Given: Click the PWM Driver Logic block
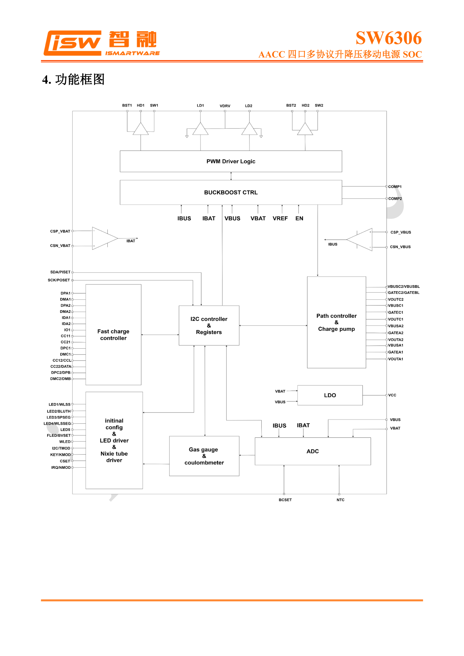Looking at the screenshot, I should tap(231, 161).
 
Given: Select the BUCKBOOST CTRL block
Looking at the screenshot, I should tap(231, 192).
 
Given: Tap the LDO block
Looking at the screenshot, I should tap(330, 395).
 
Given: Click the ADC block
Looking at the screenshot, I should tap(312, 451).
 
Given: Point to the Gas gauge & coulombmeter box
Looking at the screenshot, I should tap(204, 456).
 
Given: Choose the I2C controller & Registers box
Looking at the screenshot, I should tap(209, 325).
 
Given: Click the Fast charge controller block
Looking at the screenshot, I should tap(113, 335).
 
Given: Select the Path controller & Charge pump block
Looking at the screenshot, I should tap(336, 322).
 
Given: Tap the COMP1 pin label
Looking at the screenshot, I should tap(395, 187).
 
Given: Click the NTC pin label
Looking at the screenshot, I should tap(340, 500).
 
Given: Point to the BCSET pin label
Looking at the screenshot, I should tap(285, 500).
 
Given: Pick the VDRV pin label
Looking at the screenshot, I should tap(225, 106).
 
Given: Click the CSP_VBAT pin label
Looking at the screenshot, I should tap(60, 231).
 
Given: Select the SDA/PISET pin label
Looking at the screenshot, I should tap(60, 272).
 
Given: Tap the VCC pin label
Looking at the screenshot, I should tap(392, 395).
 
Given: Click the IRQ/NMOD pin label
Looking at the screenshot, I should tap(61, 468).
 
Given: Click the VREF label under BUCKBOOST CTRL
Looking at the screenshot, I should tap(280, 218).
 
